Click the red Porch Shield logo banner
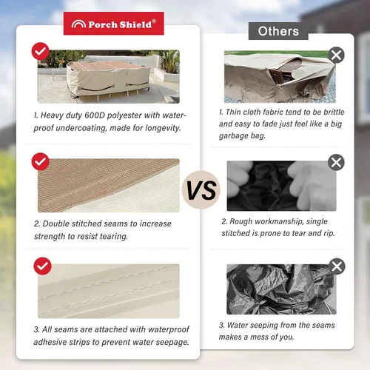click(114, 24)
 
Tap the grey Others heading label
click(278, 31)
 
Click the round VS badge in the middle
click(201, 189)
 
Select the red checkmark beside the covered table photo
click(41, 51)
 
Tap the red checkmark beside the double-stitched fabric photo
click(41, 161)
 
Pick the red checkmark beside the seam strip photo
click(42, 266)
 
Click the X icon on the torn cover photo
click(337, 55)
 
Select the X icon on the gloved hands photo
click(336, 163)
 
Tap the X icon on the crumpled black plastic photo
click(337, 266)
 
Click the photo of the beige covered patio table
click(109, 76)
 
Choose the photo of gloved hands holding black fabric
click(281, 186)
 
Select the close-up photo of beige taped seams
click(109, 291)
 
